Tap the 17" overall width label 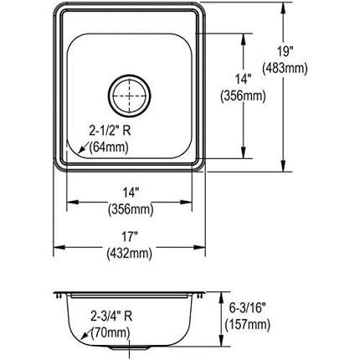point(132,236)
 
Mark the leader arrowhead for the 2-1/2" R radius point(73,156)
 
